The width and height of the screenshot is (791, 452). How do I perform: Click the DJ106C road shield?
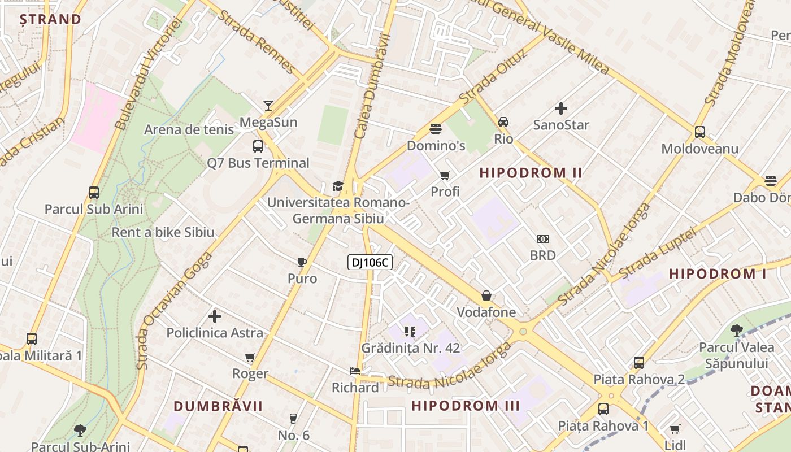(370, 262)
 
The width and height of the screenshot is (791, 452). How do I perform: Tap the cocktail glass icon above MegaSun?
(268, 106)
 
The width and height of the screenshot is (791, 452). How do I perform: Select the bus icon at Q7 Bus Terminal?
(258, 146)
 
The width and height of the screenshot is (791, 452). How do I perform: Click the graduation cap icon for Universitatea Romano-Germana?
(338, 186)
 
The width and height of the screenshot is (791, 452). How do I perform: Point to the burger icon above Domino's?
(435, 129)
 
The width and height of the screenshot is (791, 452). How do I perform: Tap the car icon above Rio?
(503, 121)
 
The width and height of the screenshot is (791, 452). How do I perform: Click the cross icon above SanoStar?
(560, 108)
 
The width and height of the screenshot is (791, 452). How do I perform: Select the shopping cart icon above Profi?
(445, 175)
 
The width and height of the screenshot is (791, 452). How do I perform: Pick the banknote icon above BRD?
(542, 239)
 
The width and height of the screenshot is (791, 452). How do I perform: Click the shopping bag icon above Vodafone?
(486, 295)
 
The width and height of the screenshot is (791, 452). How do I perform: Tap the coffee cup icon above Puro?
(302, 262)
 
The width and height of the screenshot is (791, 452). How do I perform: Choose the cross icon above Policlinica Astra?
(215, 316)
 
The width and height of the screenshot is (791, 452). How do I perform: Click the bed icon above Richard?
(355, 371)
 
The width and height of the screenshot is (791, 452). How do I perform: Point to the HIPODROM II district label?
(531, 173)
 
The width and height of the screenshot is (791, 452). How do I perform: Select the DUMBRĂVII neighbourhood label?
(218, 406)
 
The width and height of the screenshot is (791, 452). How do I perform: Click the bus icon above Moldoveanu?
(699, 132)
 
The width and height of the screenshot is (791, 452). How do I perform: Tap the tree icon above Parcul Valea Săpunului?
(736, 331)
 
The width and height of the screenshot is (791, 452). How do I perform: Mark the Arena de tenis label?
(189, 129)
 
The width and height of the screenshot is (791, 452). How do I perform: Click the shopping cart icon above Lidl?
(675, 429)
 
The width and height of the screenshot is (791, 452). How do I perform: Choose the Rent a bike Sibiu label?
(163, 232)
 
